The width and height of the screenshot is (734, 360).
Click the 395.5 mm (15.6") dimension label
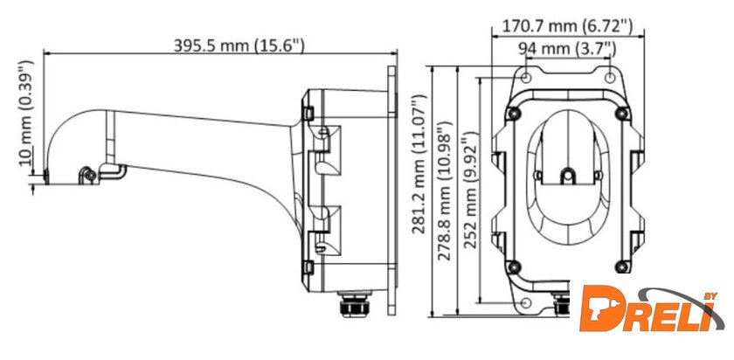pos(239,45)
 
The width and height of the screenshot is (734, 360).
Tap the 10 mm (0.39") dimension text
pos(27,114)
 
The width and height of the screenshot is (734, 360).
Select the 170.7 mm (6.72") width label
pos(567,25)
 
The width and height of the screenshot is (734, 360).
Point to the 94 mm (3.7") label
pos(567,48)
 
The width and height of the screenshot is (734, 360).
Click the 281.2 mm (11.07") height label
pos(419,164)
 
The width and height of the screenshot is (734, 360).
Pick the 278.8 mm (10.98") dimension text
pos(443,190)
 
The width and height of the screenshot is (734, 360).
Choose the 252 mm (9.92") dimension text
pos(470,190)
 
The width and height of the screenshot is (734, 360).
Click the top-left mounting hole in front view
pos(526,77)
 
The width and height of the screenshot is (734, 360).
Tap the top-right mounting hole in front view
pos(610,77)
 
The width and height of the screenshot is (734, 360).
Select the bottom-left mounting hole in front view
pos(526,302)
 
